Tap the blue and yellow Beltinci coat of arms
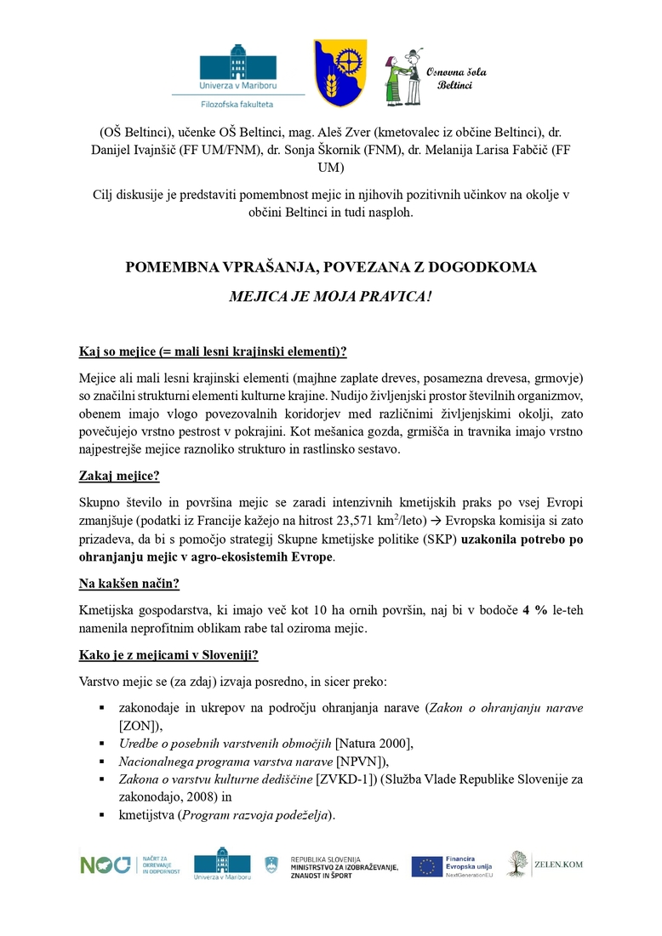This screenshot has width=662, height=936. click(x=339, y=73)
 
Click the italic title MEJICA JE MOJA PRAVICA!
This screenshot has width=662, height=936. click(x=331, y=299)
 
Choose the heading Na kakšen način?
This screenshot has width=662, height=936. click(x=129, y=584)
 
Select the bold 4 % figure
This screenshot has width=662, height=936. click(x=535, y=611)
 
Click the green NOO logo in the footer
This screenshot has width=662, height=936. click(x=106, y=865)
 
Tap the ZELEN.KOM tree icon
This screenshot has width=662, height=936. click(x=517, y=863)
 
